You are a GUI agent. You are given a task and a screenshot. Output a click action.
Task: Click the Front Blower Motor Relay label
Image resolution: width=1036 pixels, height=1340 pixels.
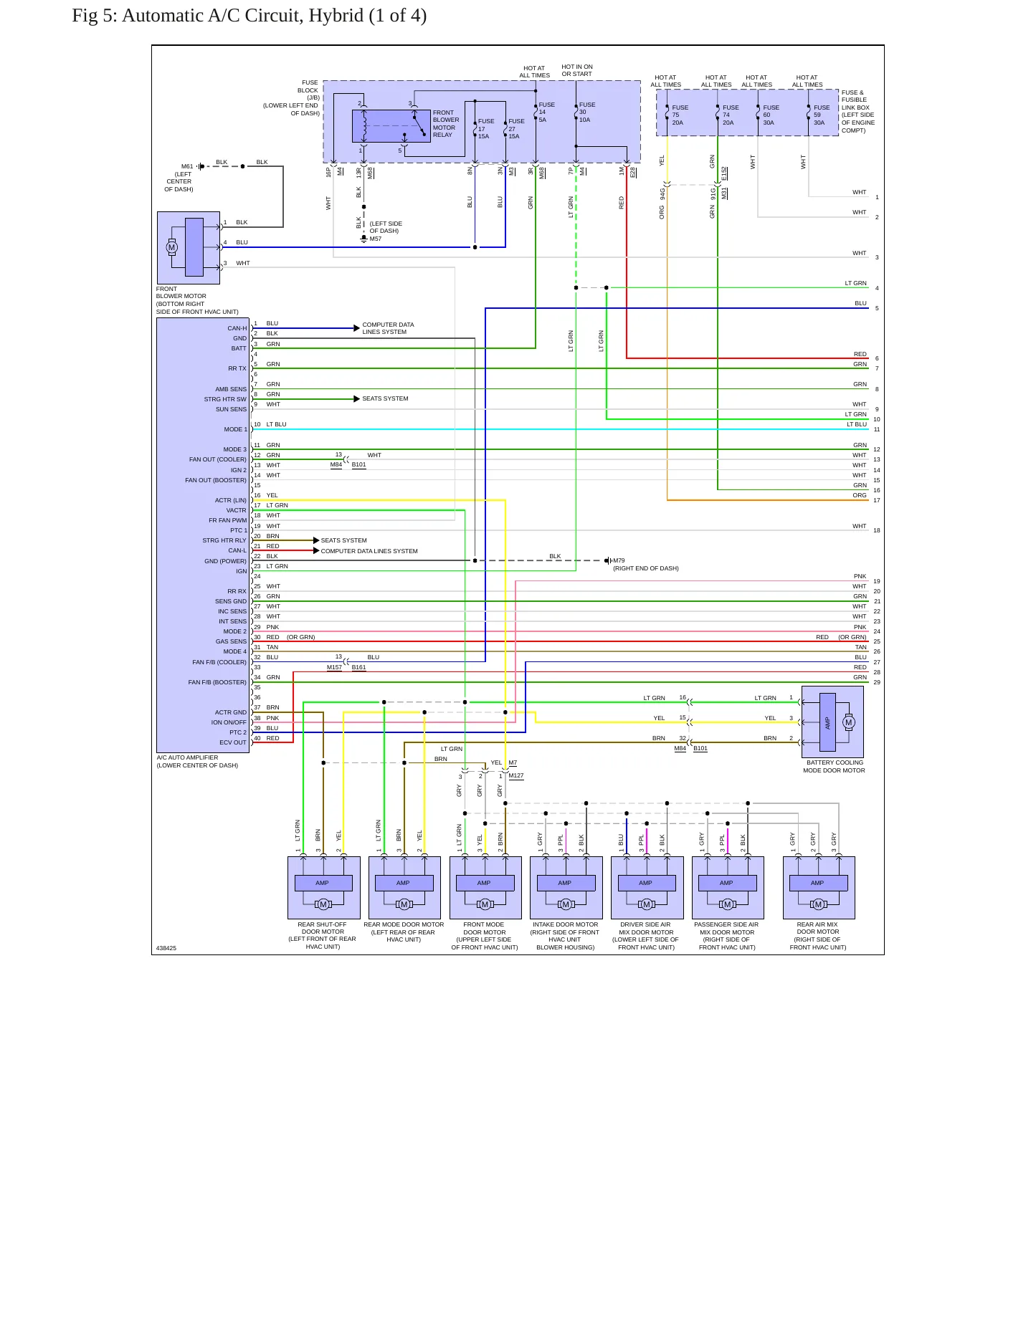[x=446, y=123]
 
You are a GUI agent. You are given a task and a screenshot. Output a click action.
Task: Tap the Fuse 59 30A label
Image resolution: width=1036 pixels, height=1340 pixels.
[x=822, y=115]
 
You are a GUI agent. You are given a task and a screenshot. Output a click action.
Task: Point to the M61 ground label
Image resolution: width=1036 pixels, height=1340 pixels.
[x=186, y=166]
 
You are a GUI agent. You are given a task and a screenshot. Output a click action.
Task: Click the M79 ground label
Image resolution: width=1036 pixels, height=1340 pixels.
[x=619, y=561]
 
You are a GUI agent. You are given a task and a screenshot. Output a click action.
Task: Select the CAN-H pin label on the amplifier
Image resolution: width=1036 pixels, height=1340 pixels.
[x=237, y=328]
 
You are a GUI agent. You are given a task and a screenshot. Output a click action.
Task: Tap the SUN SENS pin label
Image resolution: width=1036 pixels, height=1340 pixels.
[x=231, y=409]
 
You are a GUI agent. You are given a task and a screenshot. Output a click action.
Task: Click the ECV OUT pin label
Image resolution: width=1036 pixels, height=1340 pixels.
[x=233, y=742]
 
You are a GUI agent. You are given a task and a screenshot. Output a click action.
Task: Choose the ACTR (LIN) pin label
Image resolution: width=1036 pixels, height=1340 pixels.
[x=231, y=500]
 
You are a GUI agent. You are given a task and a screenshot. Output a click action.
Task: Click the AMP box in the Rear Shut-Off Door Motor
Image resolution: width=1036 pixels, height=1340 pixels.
[x=323, y=883]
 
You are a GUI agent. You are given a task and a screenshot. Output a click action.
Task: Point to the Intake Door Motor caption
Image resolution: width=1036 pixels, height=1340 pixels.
[x=565, y=936]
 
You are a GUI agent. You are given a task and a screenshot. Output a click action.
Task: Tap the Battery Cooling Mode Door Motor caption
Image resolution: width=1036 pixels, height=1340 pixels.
[x=834, y=767]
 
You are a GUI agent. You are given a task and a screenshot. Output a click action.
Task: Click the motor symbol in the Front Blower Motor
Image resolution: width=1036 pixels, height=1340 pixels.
[x=171, y=247]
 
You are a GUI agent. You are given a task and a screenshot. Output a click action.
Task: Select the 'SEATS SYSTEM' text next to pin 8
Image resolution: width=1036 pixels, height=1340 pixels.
[x=385, y=398]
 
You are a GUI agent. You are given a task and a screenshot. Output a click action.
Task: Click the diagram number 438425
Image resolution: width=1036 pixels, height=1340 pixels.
[x=166, y=948]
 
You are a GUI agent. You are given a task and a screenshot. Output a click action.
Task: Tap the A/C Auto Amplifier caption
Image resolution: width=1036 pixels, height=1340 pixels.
[x=197, y=761]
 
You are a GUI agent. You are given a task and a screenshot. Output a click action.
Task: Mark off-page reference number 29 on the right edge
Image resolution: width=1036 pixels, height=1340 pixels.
[x=877, y=682]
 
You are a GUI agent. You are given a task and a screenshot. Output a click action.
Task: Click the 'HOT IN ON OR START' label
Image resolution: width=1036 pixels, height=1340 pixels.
[x=577, y=70]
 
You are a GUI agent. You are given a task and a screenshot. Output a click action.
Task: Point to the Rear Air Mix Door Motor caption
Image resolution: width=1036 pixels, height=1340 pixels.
[x=818, y=936]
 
